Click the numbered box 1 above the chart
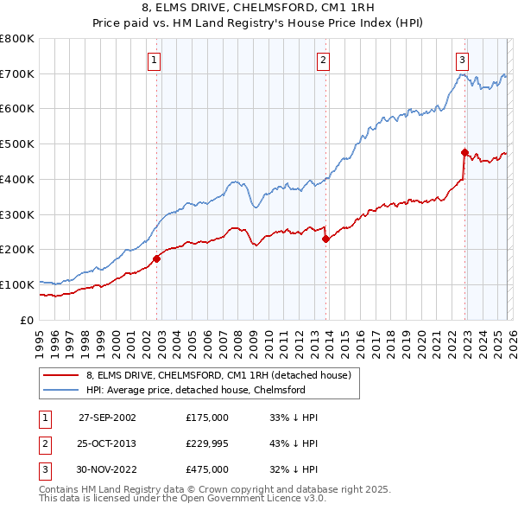[154, 60]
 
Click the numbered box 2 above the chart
[323, 60]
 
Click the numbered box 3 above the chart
[462, 60]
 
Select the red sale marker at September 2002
[157, 258]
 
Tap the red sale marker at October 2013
[325, 239]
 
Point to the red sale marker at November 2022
[464, 153]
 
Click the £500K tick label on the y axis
[17, 144]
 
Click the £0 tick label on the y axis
[28, 320]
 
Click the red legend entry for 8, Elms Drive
[218, 376]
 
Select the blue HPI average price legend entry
[196, 391]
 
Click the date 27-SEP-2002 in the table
[107, 417]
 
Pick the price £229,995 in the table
[207, 443]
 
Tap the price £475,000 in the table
[207, 469]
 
